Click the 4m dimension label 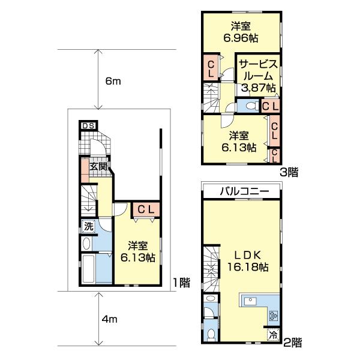[109, 320]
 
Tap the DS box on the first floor [88, 125]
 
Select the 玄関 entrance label [99, 166]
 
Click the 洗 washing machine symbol [88, 226]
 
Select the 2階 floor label [292, 343]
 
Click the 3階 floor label [289, 171]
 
